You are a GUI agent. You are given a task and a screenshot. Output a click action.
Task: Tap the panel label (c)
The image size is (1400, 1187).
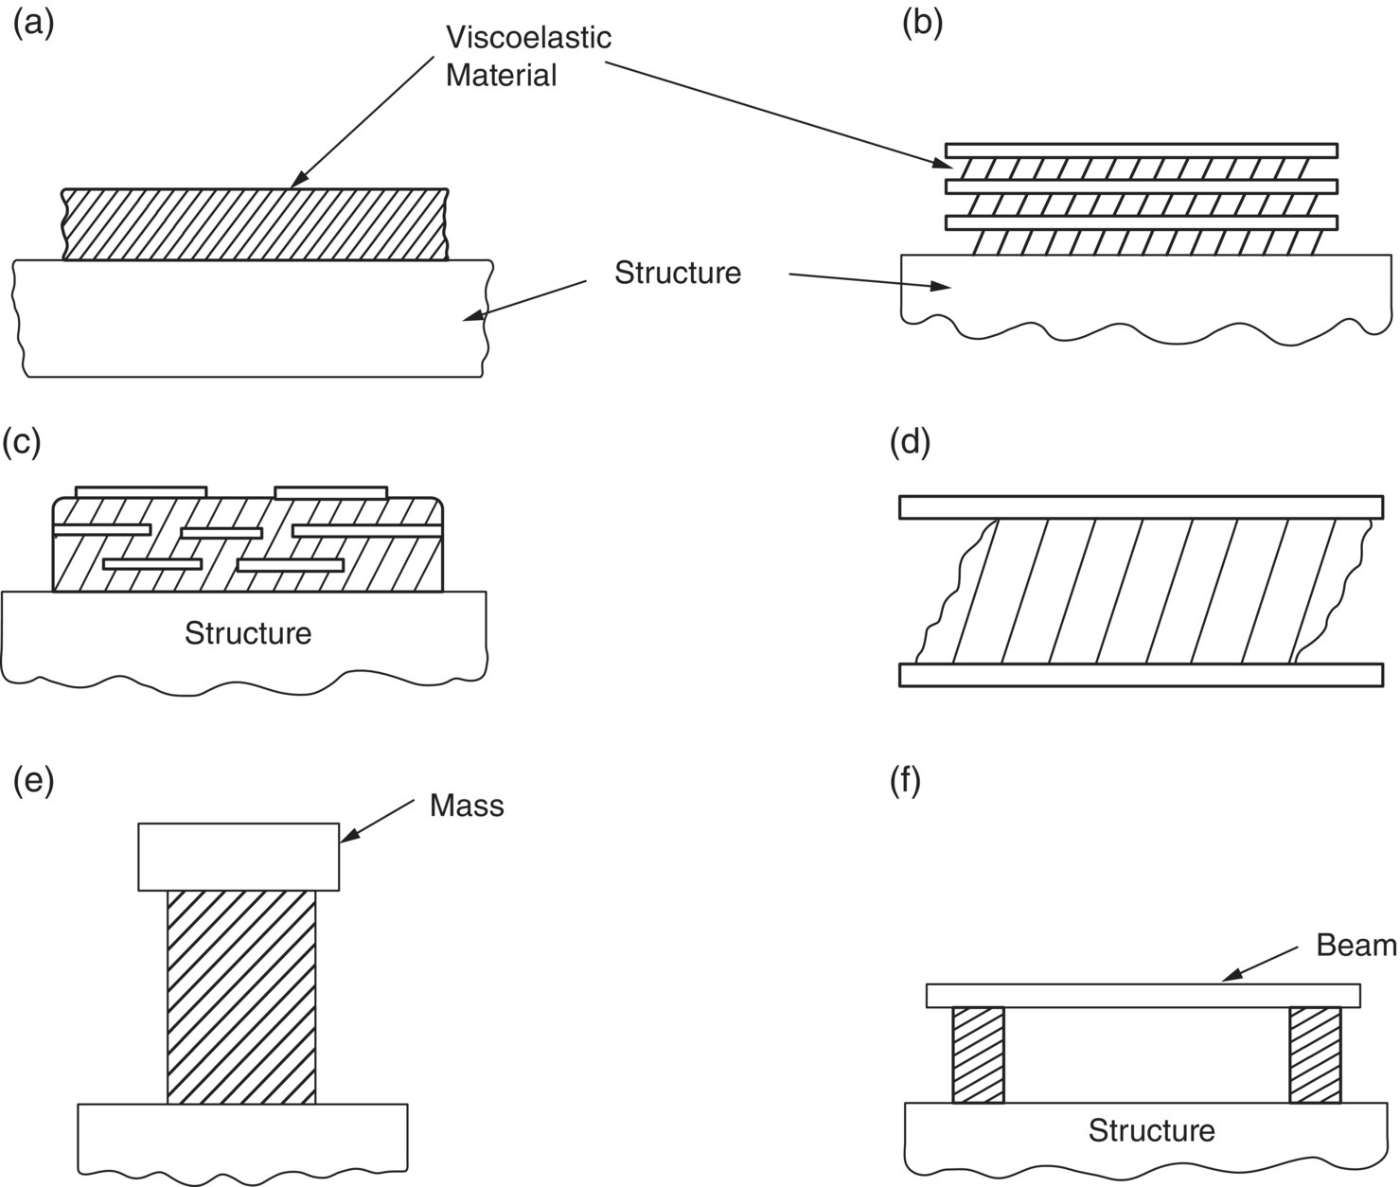click(x=22, y=442)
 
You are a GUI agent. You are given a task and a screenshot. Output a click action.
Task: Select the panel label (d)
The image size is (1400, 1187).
click(x=911, y=442)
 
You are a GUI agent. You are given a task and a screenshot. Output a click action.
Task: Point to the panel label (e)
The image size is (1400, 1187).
click(x=33, y=782)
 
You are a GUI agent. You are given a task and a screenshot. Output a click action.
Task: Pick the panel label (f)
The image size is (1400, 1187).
click(x=906, y=784)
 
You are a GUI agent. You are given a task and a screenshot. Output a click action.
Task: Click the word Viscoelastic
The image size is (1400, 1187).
click(x=528, y=38)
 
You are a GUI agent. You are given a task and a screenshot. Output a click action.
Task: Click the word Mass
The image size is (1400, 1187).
click(x=466, y=806)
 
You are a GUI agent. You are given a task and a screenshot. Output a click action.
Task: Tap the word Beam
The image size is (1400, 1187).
click(x=1356, y=945)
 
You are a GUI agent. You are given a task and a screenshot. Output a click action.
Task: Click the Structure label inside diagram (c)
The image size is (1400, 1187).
click(x=247, y=632)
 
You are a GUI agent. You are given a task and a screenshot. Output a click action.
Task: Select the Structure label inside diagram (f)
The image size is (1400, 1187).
click(x=1150, y=1130)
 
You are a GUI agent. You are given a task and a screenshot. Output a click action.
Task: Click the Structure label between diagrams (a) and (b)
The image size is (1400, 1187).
click(x=677, y=273)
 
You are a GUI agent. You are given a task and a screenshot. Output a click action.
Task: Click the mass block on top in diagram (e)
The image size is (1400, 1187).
click(x=239, y=857)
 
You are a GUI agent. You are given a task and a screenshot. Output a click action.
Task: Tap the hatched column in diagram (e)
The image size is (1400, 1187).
click(x=241, y=996)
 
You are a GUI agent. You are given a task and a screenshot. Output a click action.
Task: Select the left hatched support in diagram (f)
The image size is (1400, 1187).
click(x=978, y=1054)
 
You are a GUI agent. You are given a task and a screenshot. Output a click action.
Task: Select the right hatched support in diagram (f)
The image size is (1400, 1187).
click(x=1315, y=1054)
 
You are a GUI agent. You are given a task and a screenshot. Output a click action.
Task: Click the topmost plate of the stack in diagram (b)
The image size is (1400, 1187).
click(x=1141, y=151)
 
